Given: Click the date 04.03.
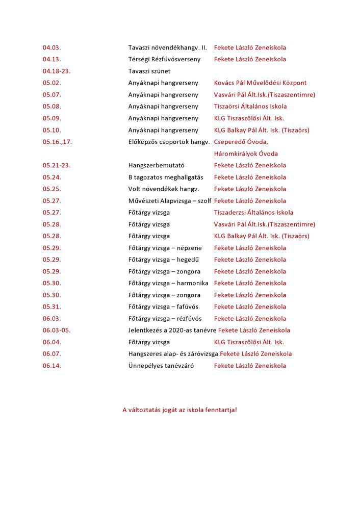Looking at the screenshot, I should pos(52,47).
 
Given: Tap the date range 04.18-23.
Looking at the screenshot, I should pos(57,71).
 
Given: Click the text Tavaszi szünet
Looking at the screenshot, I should pos(149,71).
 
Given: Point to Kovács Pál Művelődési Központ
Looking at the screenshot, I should pos(260,83).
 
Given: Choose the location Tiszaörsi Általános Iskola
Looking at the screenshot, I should pos(250,106).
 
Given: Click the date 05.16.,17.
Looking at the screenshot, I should pos(57,142).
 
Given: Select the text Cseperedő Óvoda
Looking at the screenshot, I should pos(241,142).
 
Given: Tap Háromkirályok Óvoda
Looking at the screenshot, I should pos(246,154).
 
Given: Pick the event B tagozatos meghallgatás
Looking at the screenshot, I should pos(165,177).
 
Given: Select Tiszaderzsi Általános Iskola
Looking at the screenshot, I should pos(253,212).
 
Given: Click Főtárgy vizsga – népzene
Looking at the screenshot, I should pos(165,248).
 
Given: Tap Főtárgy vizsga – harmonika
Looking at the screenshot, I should pos(168,283).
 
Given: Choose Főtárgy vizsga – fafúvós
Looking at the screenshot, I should pos(163,307).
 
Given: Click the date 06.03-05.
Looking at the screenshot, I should pos(57,330).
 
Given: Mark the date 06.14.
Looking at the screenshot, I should pos(52,366).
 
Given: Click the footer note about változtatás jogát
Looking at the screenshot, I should pos(179,410).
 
